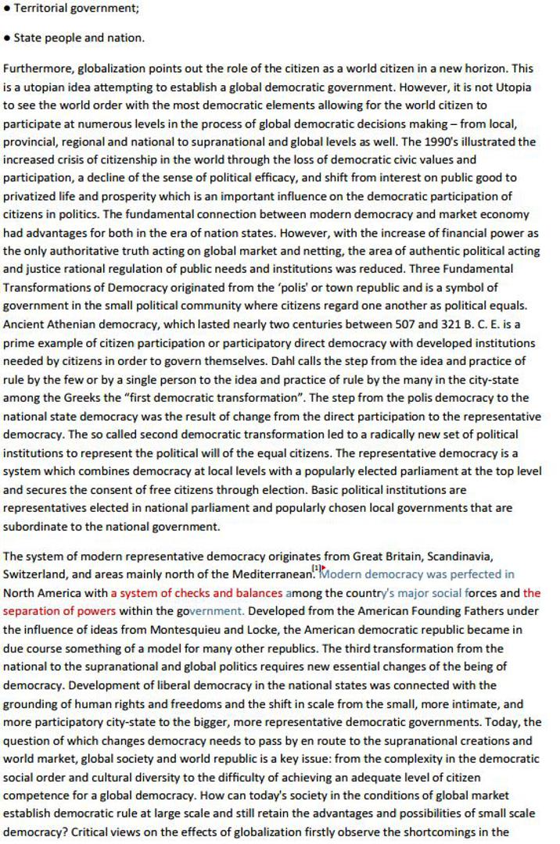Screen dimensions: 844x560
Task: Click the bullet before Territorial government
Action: (x=7, y=9)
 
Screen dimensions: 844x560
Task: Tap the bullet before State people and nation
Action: (x=7, y=38)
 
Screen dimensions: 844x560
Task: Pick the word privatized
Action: (x=29, y=177)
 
